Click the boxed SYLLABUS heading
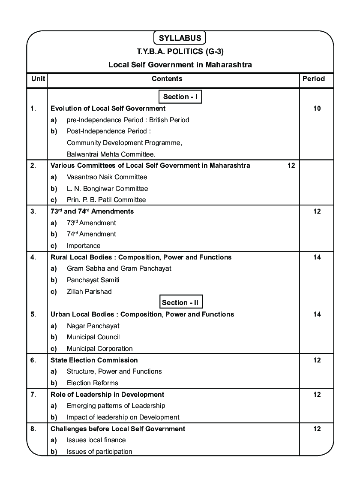click(180, 38)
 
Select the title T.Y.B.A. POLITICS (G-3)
click(180, 52)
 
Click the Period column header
click(314, 79)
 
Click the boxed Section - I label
click(180, 97)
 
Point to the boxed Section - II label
click(180, 303)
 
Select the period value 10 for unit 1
click(317, 109)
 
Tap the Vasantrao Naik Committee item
click(107, 177)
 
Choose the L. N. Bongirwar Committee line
click(107, 189)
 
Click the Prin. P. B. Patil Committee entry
click(106, 200)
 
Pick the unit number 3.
click(33, 211)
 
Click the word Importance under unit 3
click(84, 246)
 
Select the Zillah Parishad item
click(89, 292)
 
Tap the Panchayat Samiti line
click(93, 280)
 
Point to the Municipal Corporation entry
click(100, 349)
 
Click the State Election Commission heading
click(94, 360)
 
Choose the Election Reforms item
click(92, 383)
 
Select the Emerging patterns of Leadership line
click(116, 406)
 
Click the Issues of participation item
click(99, 452)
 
